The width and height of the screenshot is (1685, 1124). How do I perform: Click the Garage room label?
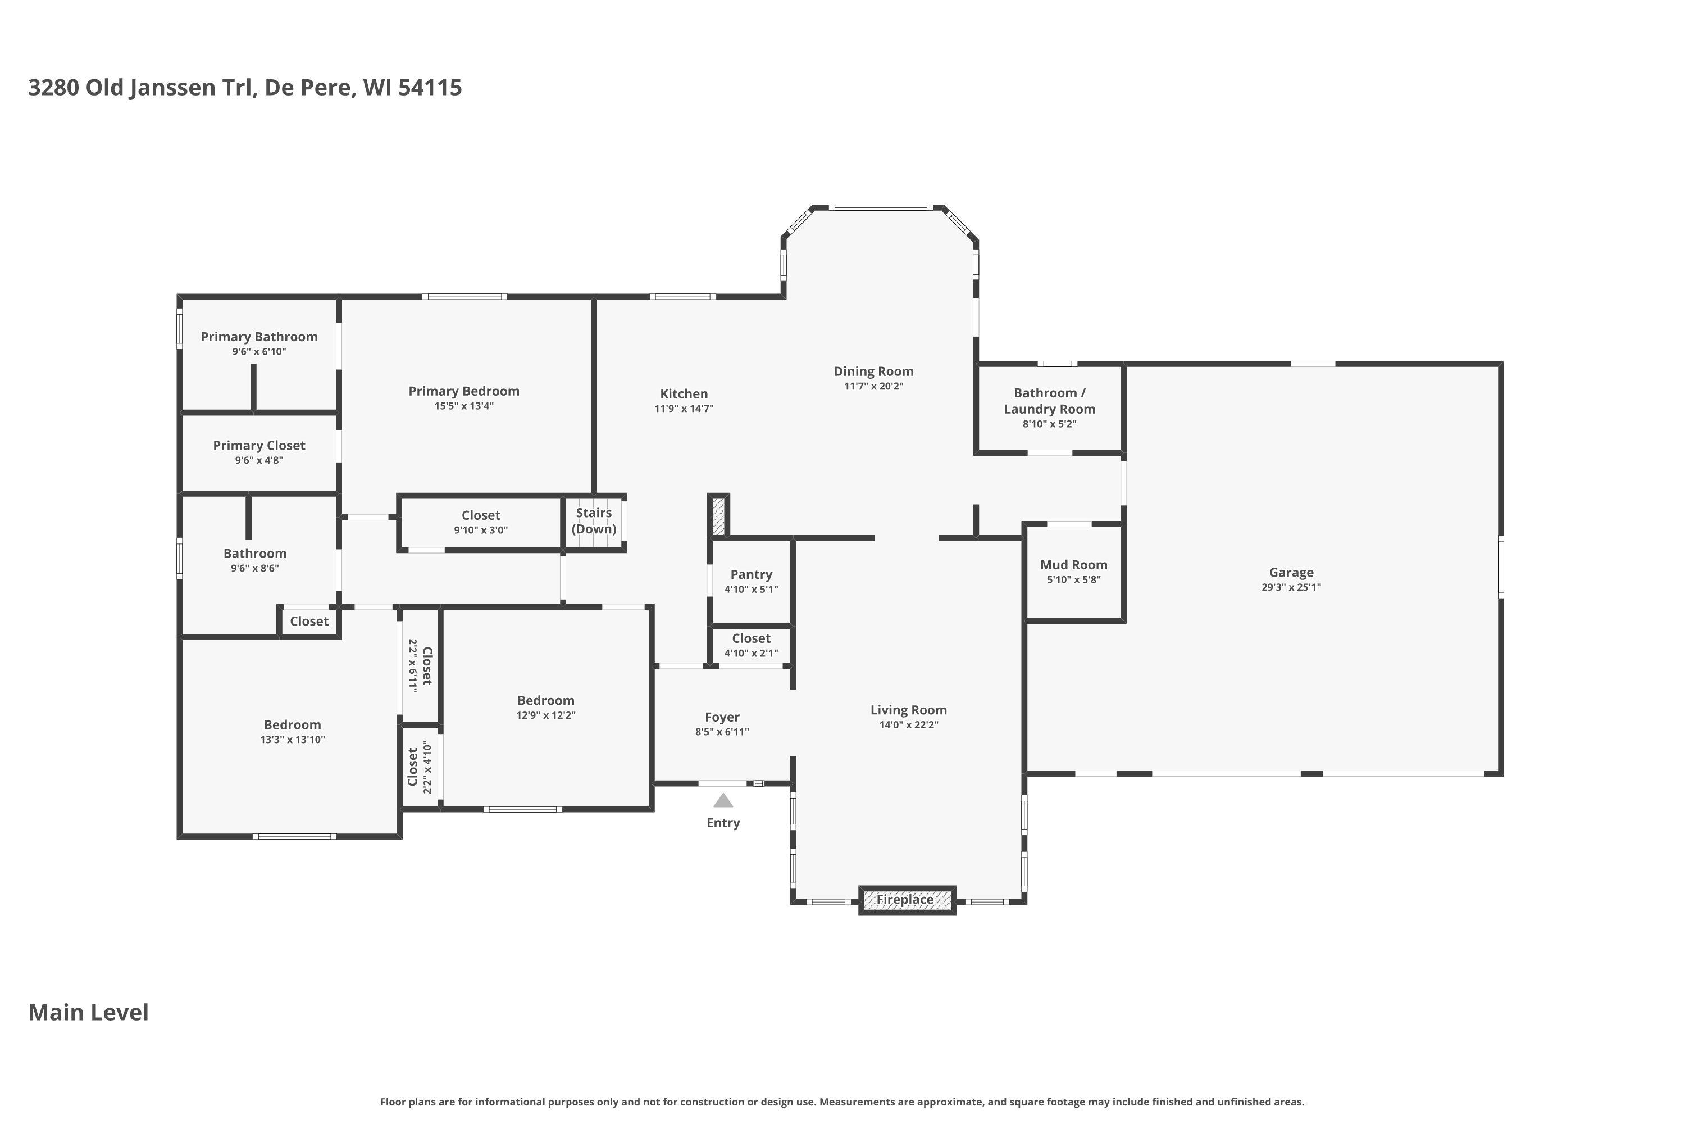point(1291,572)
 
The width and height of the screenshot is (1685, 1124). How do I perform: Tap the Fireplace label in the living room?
point(905,899)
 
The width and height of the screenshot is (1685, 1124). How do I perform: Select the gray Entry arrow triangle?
point(723,800)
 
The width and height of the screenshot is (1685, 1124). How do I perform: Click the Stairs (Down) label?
point(594,521)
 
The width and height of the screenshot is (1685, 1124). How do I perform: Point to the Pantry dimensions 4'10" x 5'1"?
point(751,589)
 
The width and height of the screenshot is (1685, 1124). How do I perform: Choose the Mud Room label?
point(1074,565)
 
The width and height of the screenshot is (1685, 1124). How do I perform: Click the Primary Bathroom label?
point(259,337)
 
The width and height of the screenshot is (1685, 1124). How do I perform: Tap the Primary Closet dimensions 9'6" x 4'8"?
point(259,460)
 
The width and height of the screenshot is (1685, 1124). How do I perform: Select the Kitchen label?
point(684,393)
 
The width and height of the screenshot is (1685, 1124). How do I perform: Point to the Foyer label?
point(722,717)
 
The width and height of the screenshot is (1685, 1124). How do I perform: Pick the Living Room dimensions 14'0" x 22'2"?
point(908,725)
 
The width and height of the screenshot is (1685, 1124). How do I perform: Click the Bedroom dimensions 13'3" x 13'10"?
point(292,740)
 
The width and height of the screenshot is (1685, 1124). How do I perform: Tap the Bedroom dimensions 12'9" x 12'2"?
point(546,715)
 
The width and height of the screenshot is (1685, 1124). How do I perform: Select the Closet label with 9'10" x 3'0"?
point(481,515)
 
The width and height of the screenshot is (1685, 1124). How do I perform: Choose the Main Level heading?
point(89,1012)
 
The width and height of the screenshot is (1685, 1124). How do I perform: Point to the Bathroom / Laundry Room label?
point(1050,401)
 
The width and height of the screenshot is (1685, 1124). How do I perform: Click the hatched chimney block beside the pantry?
point(718,515)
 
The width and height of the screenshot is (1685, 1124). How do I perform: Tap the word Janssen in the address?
point(172,88)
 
